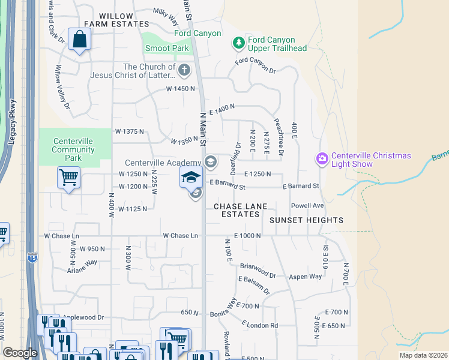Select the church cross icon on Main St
click(184, 70)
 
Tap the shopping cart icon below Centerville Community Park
click(68, 177)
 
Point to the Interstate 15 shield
click(31, 257)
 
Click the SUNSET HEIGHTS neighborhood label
click(306, 220)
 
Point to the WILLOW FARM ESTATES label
click(116, 19)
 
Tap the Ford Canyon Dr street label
click(255, 65)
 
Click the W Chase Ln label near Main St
click(181, 236)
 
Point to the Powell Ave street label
click(307, 205)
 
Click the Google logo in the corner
click(20, 353)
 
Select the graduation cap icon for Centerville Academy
click(191, 176)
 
